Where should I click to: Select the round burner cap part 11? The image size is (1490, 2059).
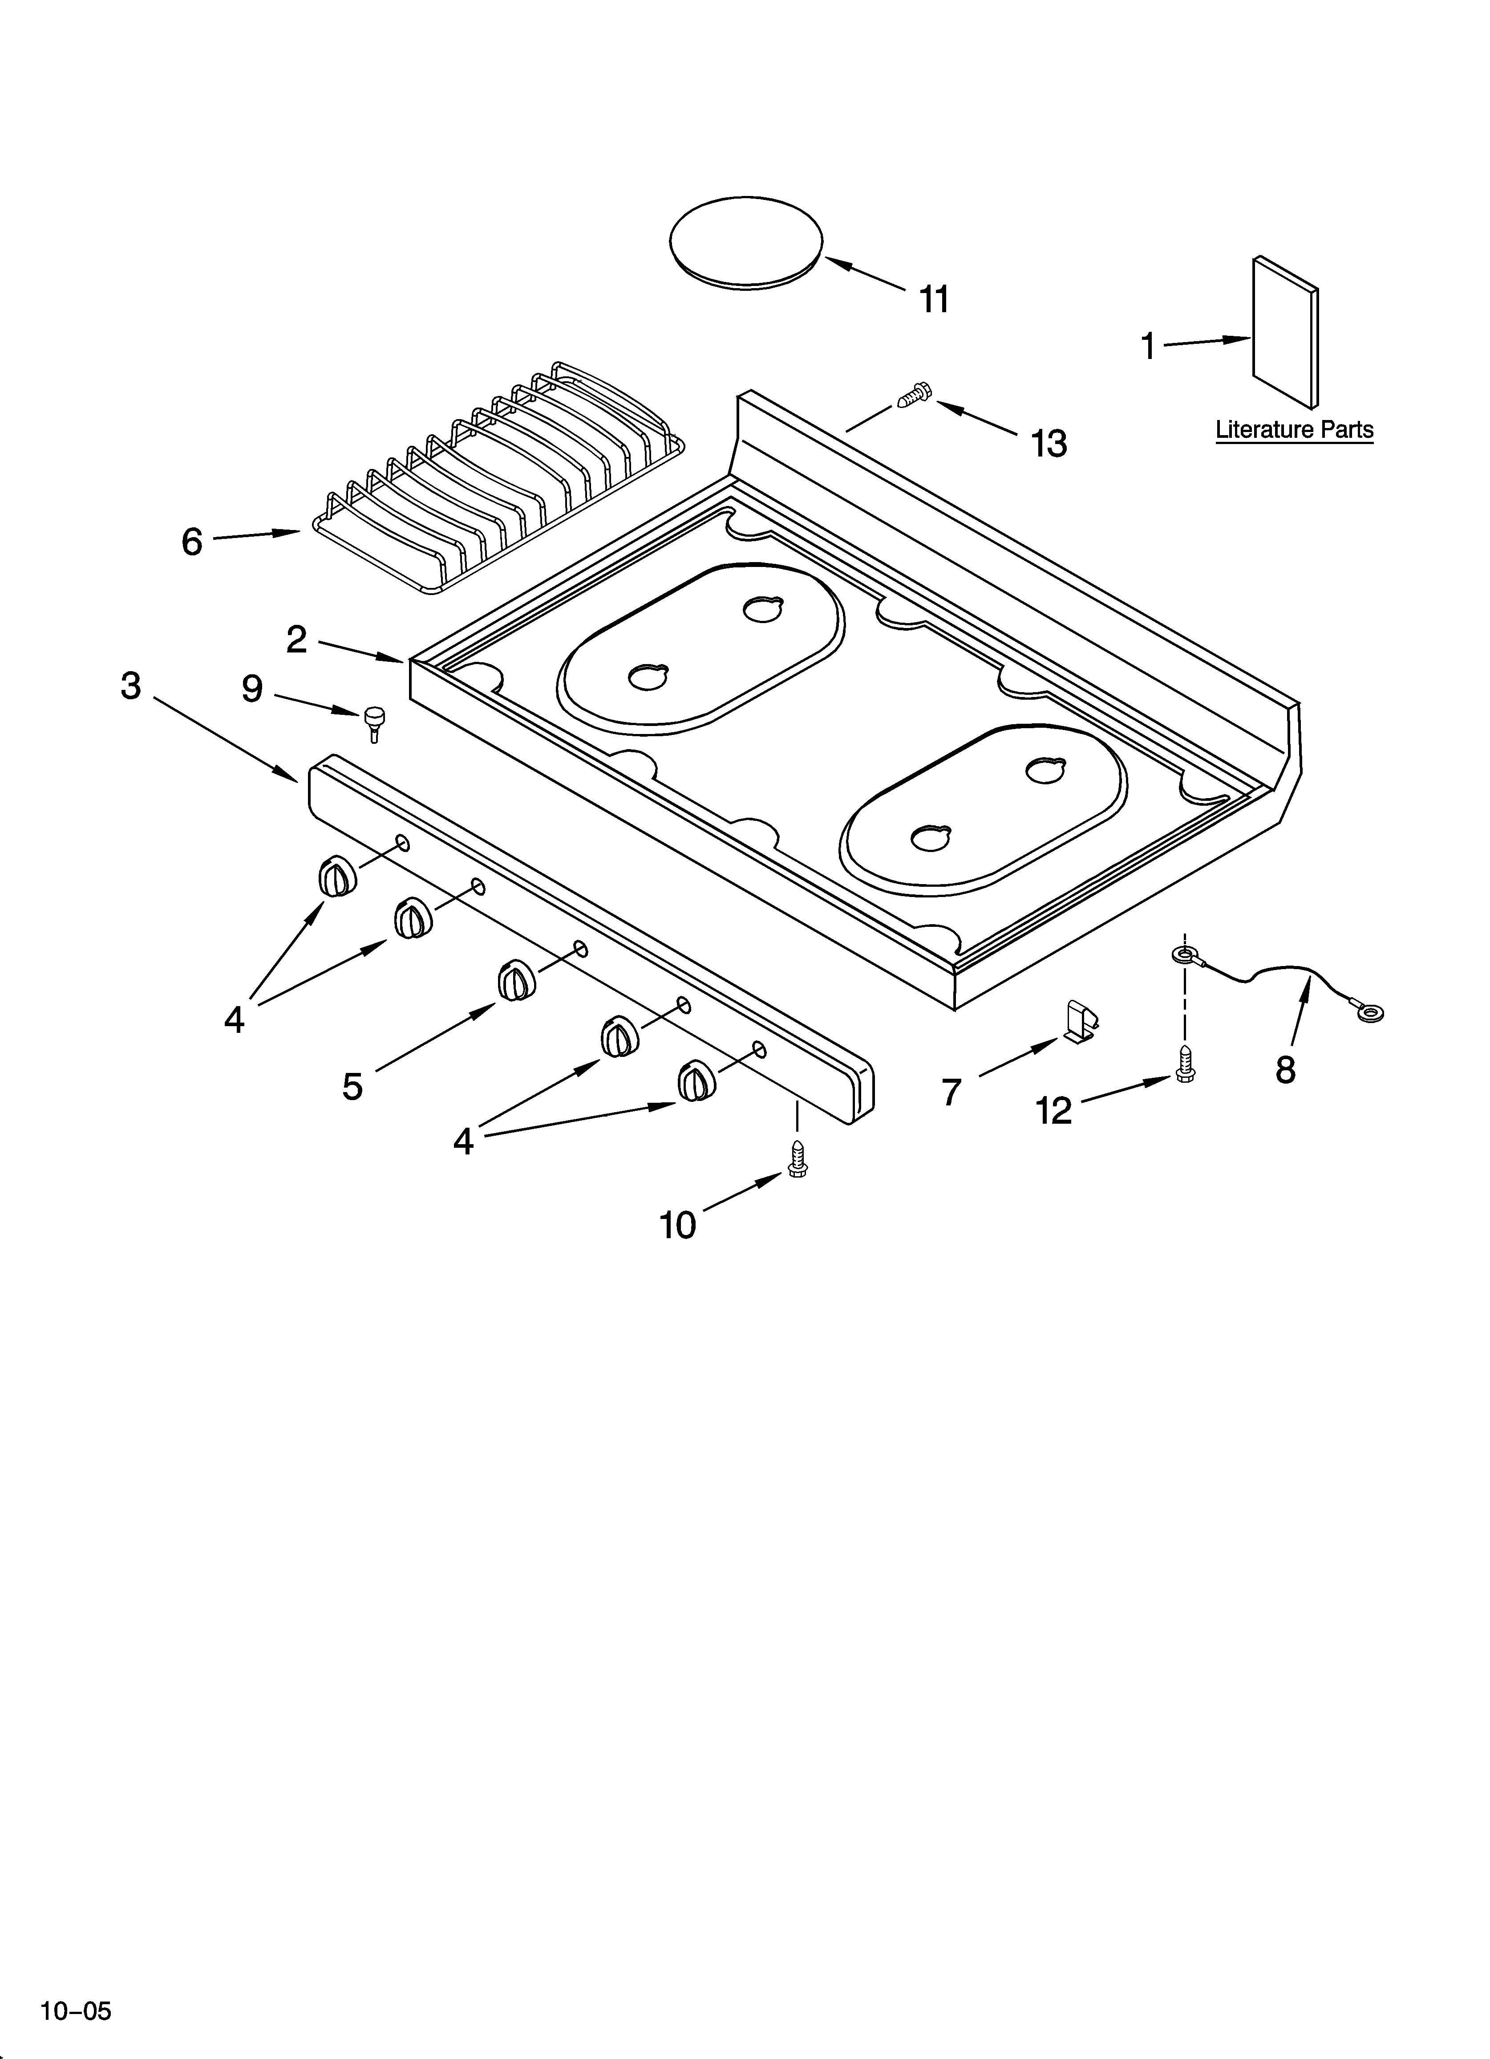pyautogui.click(x=745, y=242)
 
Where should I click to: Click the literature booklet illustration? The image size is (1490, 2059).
pyautogui.click(x=1285, y=332)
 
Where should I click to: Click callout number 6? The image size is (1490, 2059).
pyautogui.click(x=191, y=542)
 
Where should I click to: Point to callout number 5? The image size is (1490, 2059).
pyautogui.click(x=353, y=1086)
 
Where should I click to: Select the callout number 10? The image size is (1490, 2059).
pyautogui.click(x=678, y=1226)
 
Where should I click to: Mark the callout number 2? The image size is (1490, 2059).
pyautogui.click(x=297, y=640)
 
